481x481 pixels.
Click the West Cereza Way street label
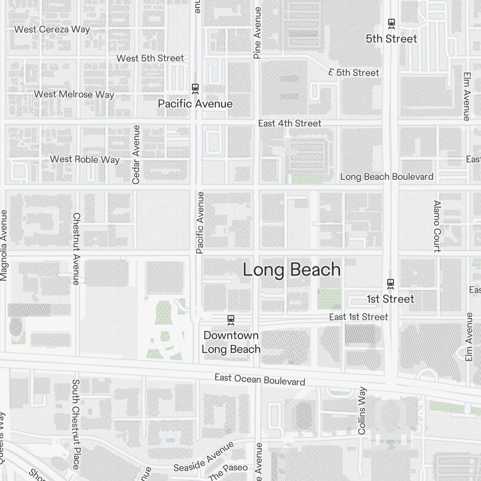52,29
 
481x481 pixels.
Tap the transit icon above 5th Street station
392,23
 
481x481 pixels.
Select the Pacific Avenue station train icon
195,88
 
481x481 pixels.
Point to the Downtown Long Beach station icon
231,319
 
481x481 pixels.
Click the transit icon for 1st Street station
391,283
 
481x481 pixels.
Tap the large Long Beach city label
291,270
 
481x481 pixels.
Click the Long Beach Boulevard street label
387,177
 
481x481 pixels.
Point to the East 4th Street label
290,123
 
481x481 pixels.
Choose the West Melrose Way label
74,94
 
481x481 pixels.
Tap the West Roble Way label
85,159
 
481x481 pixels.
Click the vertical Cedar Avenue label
136,154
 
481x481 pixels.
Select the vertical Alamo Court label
437,226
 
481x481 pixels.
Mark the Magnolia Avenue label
4,245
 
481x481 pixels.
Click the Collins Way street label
362,411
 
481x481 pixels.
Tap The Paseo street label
228,471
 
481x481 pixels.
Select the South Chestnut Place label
76,424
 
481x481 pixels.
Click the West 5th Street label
150,58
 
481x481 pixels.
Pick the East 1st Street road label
358,317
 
